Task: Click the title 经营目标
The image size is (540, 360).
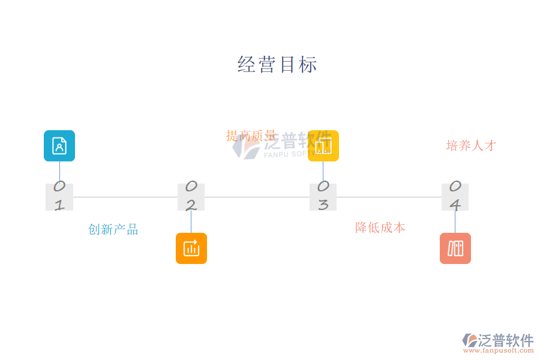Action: pos(277,64)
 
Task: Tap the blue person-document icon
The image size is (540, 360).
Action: pos(59,146)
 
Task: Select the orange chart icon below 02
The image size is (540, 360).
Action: pos(191,248)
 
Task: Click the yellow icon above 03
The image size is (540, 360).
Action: pos(323,146)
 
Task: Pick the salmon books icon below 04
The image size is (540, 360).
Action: pos(455,248)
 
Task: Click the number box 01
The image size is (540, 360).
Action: pos(59,197)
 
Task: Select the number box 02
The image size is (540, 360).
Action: pos(191,197)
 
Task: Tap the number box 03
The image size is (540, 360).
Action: pos(323,197)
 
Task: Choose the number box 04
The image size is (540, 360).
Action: pos(455,197)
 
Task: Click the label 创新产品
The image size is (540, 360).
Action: pos(113,230)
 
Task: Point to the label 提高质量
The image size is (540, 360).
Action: pos(251,136)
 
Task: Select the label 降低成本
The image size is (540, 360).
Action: pos(380,228)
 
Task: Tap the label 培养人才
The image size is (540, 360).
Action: pos(471,146)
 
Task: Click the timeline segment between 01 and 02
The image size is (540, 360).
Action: pos(125,197)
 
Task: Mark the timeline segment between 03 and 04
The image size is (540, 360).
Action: pos(389,197)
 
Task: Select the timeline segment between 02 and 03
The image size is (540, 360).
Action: pos(257,197)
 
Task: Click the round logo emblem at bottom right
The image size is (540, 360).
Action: pos(470,341)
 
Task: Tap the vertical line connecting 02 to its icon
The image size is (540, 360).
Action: pos(191,222)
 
